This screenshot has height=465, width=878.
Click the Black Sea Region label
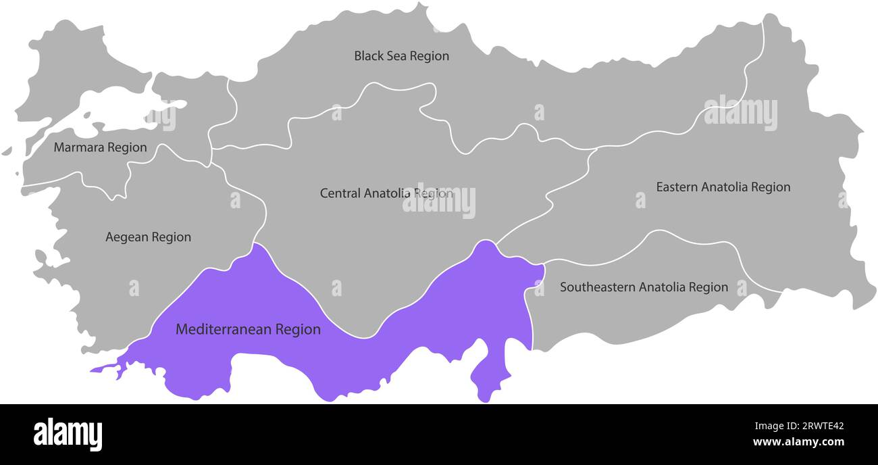click(401, 56)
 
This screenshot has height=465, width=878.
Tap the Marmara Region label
click(100, 147)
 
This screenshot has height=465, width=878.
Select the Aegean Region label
click(148, 237)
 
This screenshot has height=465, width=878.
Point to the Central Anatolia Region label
click(386, 193)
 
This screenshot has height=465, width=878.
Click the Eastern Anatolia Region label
click(723, 187)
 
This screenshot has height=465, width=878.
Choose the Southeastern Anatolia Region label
click(644, 287)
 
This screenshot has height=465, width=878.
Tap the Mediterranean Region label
click(248, 330)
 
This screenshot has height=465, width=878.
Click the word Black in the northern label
click(368, 56)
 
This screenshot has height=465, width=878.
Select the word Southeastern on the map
click(598, 287)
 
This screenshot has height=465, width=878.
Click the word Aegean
click(126, 237)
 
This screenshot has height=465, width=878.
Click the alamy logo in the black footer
click(68, 435)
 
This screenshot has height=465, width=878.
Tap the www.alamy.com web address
click(798, 443)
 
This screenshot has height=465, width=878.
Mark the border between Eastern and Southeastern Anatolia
click(648, 234)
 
